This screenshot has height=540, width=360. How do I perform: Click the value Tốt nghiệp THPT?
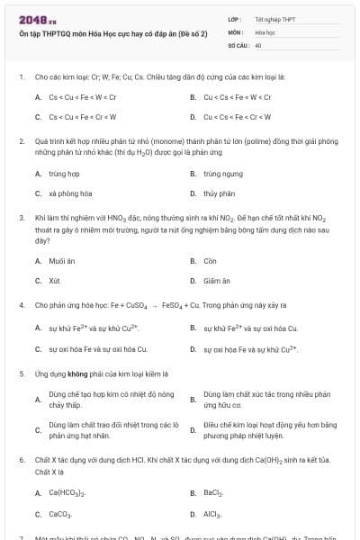(x=274, y=19)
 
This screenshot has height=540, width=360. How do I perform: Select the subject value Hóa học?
(x=264, y=31)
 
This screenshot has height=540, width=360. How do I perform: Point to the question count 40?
(x=258, y=44)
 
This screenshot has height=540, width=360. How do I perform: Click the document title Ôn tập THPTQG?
(x=112, y=32)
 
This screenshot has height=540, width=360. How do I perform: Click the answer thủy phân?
(x=218, y=193)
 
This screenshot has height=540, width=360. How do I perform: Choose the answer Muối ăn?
(x=62, y=261)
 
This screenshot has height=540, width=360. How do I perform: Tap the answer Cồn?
(x=210, y=261)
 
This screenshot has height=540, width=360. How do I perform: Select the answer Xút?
(x=55, y=281)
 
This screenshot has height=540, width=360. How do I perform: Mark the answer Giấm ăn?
(x=217, y=281)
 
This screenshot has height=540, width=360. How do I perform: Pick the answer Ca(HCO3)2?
(x=67, y=492)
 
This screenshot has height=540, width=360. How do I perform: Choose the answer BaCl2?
(x=213, y=492)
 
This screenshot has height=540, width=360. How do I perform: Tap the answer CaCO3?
(x=60, y=514)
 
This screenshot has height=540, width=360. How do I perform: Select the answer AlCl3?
(x=212, y=514)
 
